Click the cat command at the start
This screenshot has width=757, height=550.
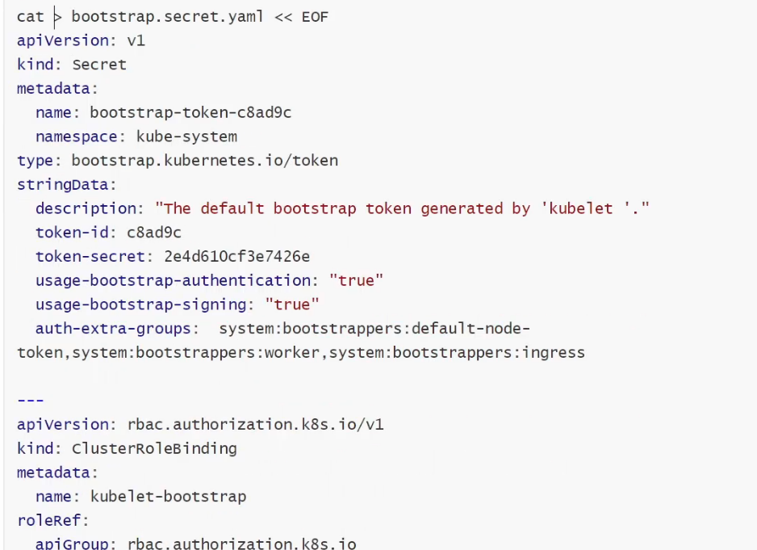click(30, 17)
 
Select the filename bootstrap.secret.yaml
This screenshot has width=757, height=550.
click(162, 17)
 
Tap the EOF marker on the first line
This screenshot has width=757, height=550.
click(314, 17)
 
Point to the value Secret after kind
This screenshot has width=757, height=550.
click(99, 65)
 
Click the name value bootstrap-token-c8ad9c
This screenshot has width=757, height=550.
click(190, 113)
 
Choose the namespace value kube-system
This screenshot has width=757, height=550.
click(186, 136)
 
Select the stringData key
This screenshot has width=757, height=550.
click(65, 185)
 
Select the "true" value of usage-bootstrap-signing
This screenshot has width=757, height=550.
click(292, 304)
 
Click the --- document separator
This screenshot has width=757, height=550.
click(31, 401)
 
